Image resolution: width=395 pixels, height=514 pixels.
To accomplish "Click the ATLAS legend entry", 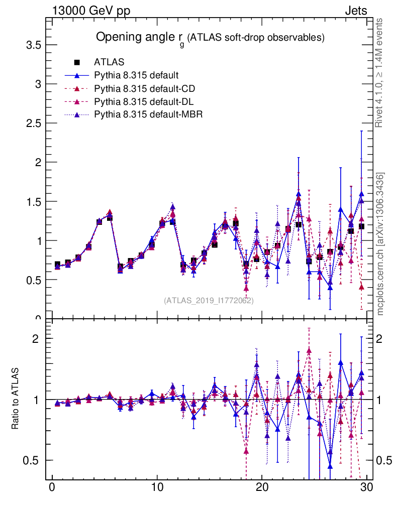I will [109, 63].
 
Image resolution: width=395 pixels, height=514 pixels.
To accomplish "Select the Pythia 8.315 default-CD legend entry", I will [144, 89].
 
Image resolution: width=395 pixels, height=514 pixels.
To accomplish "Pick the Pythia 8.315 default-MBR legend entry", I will [148, 115].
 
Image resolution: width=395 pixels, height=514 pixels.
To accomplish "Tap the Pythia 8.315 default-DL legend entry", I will [144, 102].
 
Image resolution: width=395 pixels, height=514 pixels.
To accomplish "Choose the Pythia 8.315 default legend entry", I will [136, 76].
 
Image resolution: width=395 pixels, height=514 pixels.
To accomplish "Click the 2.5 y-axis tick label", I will [33, 123].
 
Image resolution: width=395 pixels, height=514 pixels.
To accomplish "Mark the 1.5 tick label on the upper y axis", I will [33, 201].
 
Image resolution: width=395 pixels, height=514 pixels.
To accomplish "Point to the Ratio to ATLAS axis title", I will [16, 400].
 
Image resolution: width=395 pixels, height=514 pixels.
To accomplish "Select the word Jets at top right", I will [355, 11].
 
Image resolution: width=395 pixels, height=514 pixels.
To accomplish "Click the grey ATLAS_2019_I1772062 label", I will [209, 301].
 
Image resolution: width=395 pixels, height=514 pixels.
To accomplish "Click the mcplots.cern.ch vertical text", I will [380, 244].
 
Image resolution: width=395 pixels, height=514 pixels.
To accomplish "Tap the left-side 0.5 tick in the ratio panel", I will [33, 460].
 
